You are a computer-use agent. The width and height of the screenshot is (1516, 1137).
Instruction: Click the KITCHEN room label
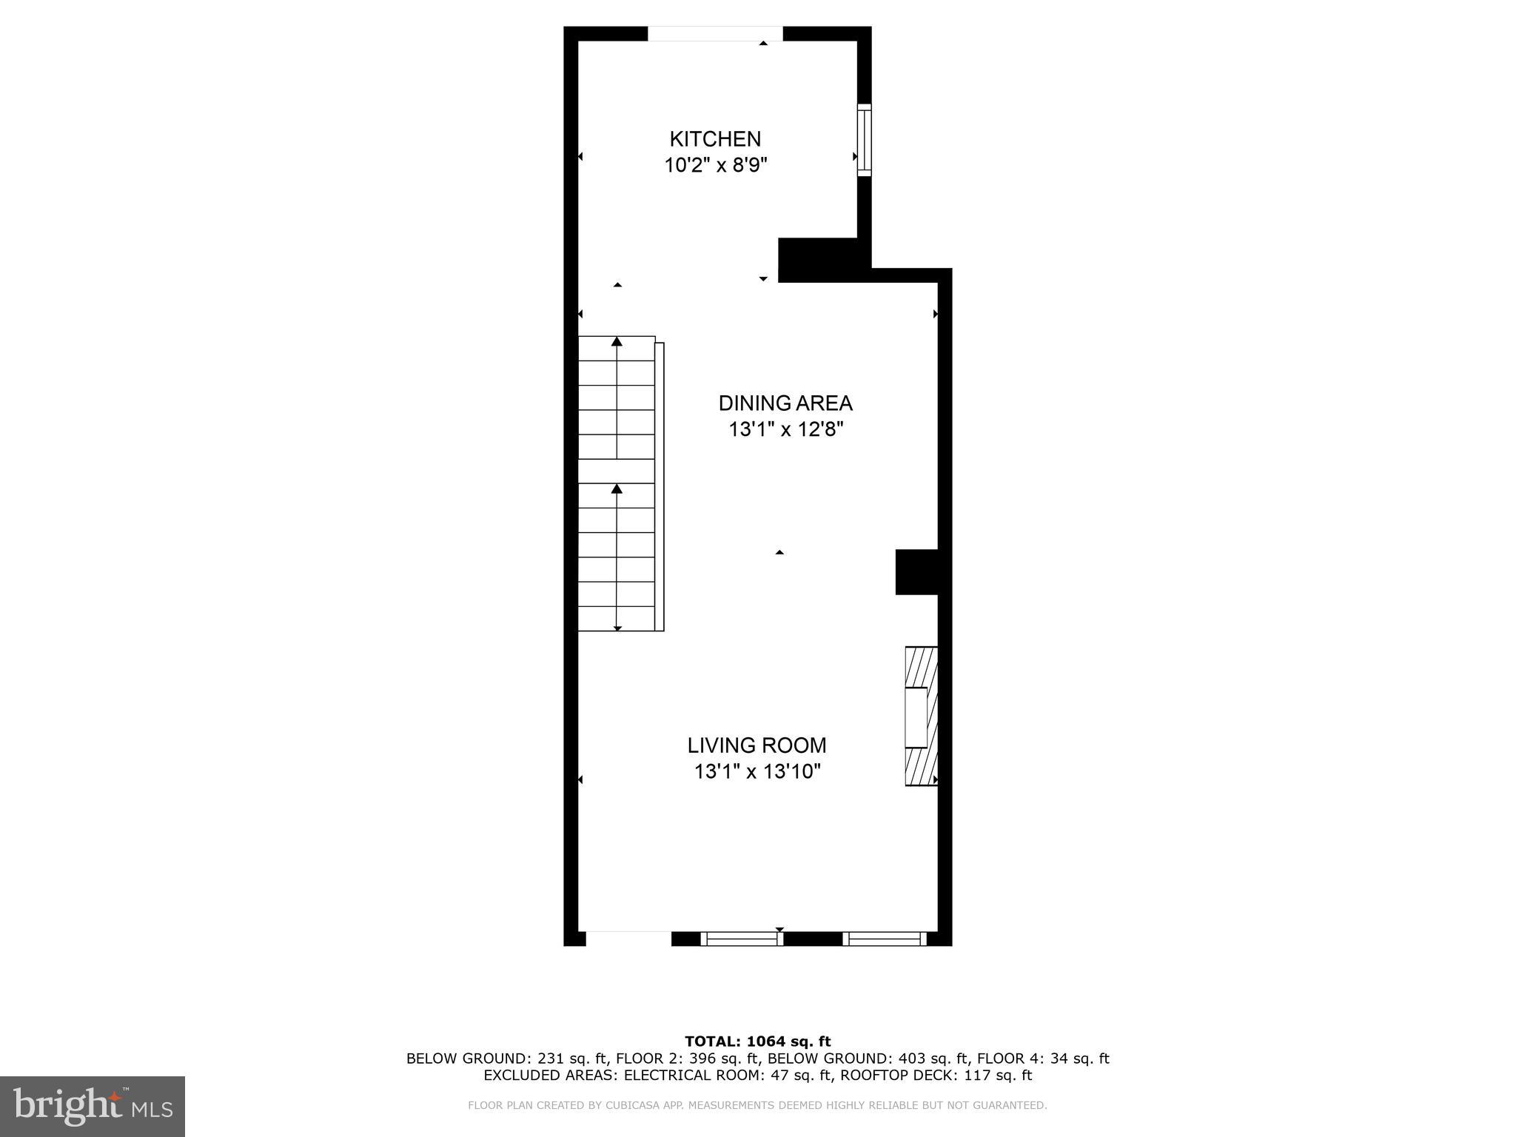715,139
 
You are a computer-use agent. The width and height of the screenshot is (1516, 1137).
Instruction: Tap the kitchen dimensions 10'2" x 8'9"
715,165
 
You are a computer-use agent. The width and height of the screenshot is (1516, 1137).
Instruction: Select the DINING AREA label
785,403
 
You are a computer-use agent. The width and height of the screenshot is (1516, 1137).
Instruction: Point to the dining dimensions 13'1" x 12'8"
785,429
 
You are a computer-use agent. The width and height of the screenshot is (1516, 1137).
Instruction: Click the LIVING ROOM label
757,745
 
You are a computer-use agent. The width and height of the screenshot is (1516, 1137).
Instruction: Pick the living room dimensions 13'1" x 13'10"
757,772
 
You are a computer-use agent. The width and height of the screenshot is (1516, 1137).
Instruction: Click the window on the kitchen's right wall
864,140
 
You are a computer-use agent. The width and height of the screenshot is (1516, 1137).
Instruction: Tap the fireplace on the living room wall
921,716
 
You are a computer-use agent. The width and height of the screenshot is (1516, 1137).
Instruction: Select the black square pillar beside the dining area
916,571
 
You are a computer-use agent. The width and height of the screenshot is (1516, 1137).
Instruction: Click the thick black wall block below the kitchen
817,260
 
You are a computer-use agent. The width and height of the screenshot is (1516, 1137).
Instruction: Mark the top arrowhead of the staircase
617,341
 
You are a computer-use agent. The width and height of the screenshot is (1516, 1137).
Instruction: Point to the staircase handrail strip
660,486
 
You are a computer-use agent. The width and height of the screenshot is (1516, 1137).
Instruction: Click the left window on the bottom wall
741,939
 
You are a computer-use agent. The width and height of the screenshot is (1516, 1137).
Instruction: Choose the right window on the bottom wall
885,939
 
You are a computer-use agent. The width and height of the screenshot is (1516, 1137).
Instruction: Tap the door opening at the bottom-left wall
628,938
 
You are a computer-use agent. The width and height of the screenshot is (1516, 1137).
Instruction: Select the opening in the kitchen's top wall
715,34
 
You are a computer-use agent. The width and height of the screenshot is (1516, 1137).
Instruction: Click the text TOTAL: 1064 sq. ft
757,1042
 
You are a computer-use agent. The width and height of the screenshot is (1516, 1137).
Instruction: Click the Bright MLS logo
93,1106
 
